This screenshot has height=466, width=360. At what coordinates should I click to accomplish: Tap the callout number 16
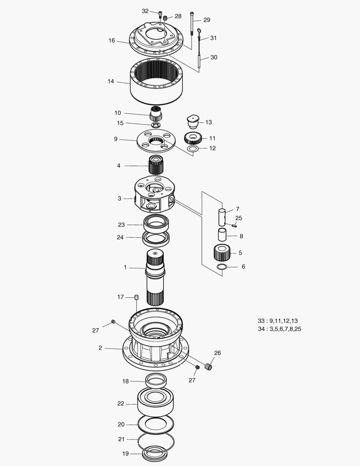pyautogui.click(x=112, y=41)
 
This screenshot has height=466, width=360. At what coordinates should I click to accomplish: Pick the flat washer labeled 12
pyautogui.click(x=193, y=149)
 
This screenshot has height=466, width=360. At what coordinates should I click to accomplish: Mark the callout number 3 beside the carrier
pyautogui.click(x=119, y=198)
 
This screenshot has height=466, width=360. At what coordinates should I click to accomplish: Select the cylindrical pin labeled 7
pyautogui.click(x=222, y=217)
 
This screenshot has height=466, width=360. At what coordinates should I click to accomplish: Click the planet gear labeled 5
pyautogui.click(x=222, y=253)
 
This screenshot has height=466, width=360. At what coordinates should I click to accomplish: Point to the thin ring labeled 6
pyautogui.click(x=222, y=268)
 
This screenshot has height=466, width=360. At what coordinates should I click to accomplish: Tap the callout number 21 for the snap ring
pyautogui.click(x=121, y=439)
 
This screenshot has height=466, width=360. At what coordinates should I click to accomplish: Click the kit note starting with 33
pyautogui.click(x=278, y=321)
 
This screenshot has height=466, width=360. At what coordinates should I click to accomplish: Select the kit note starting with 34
pyautogui.click(x=279, y=329)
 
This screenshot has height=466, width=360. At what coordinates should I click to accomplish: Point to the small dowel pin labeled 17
pyautogui.click(x=136, y=297)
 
